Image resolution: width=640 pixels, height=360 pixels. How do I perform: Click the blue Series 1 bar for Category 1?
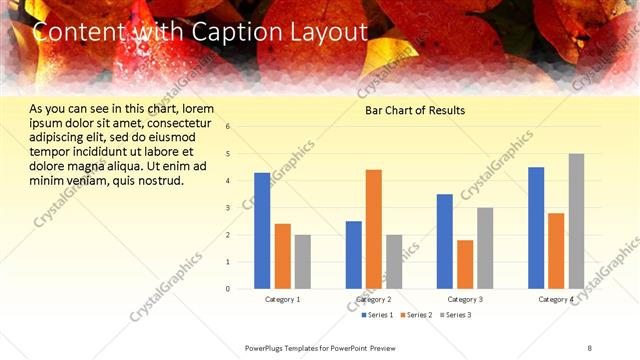coord(262,231)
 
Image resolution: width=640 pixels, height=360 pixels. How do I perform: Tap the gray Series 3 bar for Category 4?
coord(577,221)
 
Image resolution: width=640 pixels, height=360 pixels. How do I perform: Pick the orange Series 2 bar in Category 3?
coord(465,264)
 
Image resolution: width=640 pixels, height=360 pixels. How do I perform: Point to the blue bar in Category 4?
coord(536,228)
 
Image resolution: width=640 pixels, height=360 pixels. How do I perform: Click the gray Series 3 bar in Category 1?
coord(302,262)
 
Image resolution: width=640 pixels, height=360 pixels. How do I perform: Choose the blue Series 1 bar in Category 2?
coord(354,255)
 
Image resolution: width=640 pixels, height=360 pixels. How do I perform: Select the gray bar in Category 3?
coord(485,248)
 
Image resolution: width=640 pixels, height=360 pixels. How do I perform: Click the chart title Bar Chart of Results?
coord(414,110)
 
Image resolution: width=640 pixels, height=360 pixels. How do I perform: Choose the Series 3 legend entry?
coord(457,315)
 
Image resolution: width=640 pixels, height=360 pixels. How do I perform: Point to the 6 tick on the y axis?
coord(228,127)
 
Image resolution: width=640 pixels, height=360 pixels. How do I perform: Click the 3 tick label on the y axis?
coord(228,208)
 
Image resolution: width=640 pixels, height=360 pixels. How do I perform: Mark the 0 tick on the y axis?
coord(228,289)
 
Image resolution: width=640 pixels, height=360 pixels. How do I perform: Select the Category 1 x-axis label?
coord(282,299)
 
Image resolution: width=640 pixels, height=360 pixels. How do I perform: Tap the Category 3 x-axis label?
coord(465,299)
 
